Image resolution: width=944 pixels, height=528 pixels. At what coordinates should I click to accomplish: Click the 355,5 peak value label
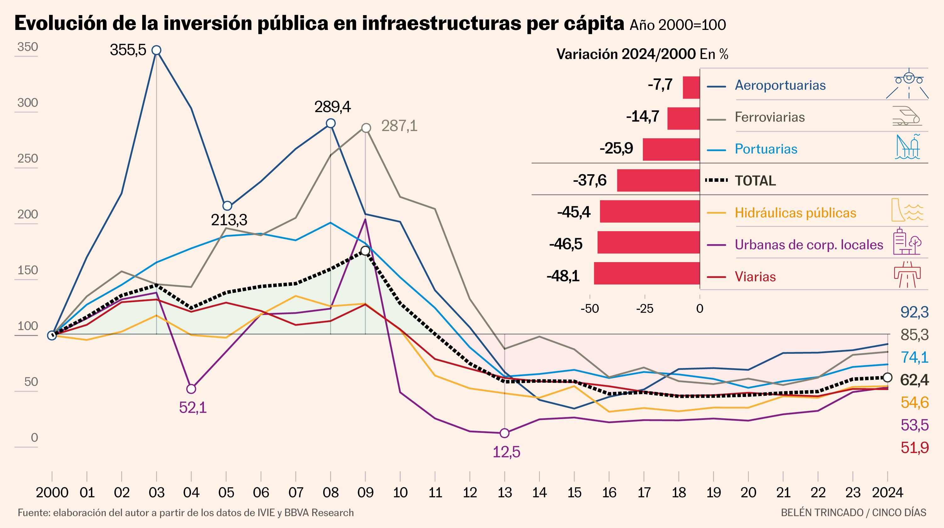pyautogui.click(x=128, y=50)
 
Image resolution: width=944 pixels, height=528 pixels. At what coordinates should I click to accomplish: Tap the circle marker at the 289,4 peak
pyautogui.click(x=330, y=123)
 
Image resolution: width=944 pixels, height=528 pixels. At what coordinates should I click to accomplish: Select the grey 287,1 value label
pyautogui.click(x=399, y=126)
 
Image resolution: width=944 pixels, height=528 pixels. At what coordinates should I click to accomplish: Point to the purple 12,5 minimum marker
pyautogui.click(x=505, y=433)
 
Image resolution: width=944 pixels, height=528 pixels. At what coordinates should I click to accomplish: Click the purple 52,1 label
pyautogui.click(x=193, y=408)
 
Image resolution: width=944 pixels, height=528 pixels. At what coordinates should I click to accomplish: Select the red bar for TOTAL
pyautogui.click(x=659, y=180)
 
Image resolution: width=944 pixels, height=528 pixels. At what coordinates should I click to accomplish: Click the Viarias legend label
pyautogui.click(x=755, y=277)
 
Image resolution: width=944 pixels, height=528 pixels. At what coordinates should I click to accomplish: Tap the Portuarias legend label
pyautogui.click(x=766, y=149)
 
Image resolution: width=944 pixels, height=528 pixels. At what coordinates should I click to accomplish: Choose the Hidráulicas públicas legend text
pyautogui.click(x=795, y=213)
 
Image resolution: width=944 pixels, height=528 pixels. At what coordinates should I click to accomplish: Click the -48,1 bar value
pyautogui.click(x=563, y=276)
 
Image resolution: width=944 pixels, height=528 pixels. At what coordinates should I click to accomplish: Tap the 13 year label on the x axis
pyautogui.click(x=505, y=492)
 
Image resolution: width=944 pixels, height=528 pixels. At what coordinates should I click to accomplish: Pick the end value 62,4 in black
pyautogui.click(x=915, y=381)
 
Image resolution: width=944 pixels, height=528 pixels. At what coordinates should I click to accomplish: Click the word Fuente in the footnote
pyautogui.click(x=33, y=513)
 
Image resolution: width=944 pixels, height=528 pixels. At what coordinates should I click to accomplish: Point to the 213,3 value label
pyautogui.click(x=229, y=220)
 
